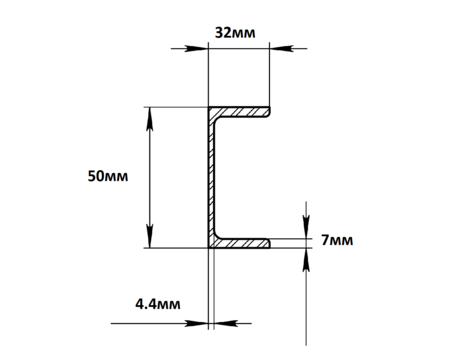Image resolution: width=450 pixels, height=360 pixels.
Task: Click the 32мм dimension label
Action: click(235, 33)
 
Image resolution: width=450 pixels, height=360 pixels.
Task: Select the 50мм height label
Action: click(108, 176)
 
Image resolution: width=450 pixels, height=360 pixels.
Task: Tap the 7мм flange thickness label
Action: click(337, 240)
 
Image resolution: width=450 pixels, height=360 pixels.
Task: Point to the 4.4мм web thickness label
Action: click(158, 304)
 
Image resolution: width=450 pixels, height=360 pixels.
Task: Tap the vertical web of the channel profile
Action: click(211, 178)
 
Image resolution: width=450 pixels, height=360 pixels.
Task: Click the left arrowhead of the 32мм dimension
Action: click(197, 49)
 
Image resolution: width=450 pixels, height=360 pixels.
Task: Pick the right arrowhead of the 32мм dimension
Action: click(281, 49)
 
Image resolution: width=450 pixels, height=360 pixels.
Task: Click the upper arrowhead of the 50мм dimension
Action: click(150, 118)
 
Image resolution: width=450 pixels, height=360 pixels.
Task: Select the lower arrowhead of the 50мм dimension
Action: click(150, 237)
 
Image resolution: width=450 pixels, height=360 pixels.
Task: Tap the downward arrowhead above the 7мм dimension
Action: click(306, 227)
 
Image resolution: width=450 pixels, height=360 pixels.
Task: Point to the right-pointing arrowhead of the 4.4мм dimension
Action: click(197, 323)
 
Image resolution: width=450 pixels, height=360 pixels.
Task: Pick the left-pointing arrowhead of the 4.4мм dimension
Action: click(226, 323)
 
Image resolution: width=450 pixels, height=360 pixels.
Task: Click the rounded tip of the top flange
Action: click(269, 112)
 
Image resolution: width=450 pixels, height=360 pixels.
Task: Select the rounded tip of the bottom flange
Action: click(269, 243)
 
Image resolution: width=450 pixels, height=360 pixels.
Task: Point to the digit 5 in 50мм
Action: click(91, 176)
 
